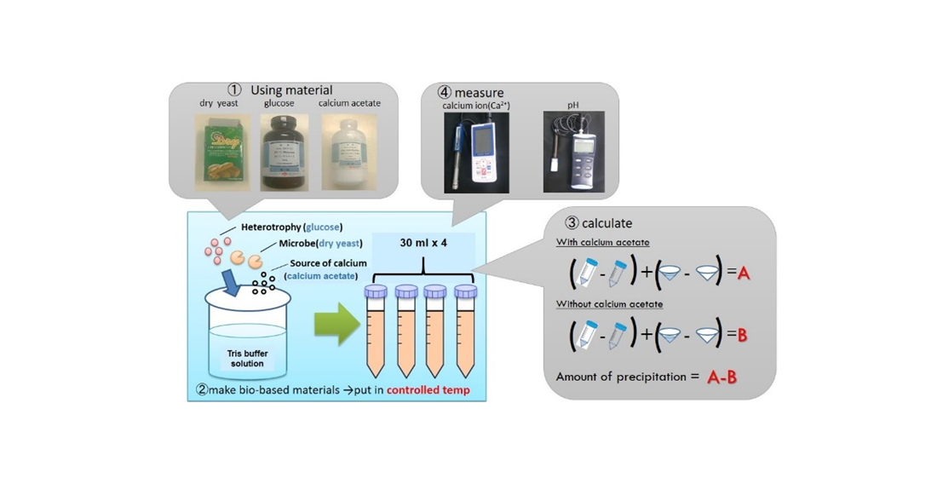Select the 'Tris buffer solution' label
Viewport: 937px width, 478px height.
click(245, 358)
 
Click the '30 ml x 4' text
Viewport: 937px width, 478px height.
click(423, 243)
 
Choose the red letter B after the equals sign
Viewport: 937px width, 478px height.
click(742, 336)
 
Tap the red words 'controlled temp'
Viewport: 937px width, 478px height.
click(427, 391)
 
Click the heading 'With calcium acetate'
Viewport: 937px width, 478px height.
click(602, 243)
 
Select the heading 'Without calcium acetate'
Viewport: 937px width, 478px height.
click(610, 304)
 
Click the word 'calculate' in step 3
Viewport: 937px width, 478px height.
click(606, 223)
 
